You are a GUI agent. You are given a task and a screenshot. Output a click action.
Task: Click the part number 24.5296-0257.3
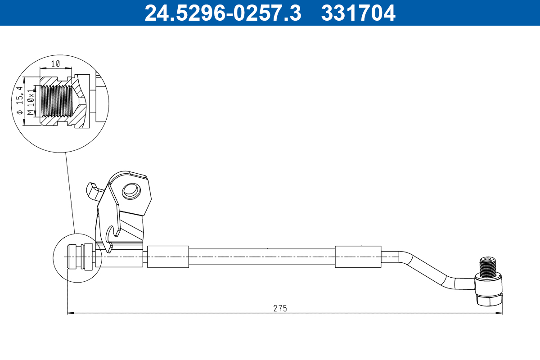222,13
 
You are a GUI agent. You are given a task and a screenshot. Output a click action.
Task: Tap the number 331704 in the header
358,13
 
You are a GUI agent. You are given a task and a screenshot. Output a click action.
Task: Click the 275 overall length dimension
280,308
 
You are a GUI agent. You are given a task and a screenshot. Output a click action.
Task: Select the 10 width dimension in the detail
55,64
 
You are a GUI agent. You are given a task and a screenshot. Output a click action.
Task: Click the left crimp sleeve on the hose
168,257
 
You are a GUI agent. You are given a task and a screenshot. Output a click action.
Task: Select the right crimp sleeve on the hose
358,257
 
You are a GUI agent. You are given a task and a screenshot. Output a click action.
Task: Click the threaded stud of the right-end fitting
487,268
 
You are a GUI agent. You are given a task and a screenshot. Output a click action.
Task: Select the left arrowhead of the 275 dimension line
70,313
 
